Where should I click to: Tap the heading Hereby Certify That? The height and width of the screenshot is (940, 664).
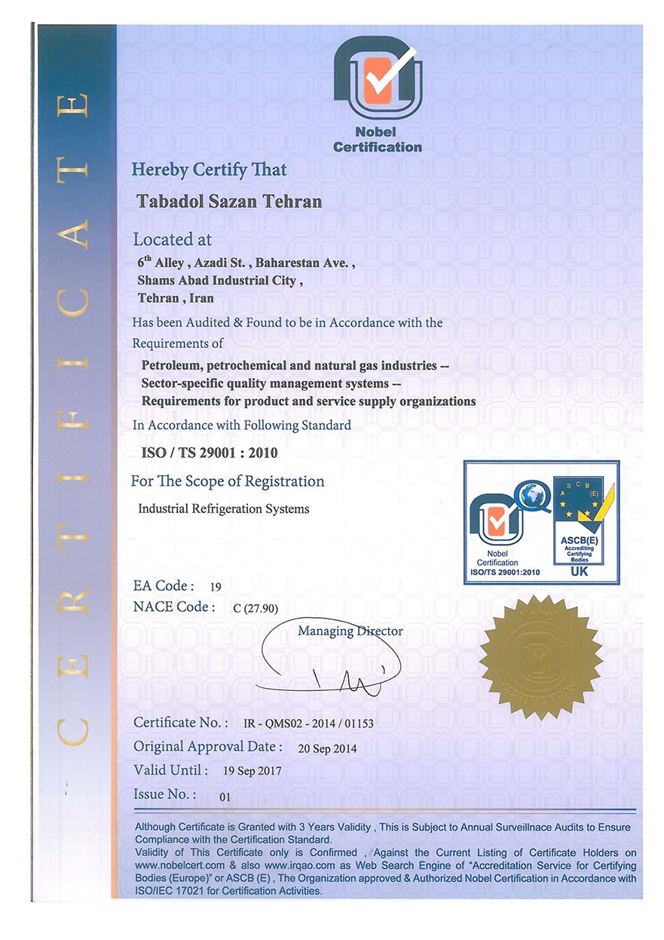[210, 170]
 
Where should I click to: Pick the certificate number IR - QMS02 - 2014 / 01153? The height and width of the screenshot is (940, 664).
[309, 723]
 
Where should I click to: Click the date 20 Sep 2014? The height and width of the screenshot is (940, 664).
[327, 748]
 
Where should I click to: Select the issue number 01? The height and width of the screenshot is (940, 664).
[224, 796]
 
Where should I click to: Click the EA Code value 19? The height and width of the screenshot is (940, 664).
[216, 586]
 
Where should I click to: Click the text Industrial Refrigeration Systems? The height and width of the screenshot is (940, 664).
[224, 508]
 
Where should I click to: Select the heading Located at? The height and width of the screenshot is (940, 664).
[173, 240]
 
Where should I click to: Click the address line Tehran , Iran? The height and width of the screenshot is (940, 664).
[176, 298]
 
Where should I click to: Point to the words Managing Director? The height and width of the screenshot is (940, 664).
[350, 631]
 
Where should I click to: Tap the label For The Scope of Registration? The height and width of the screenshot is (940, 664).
[228, 481]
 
